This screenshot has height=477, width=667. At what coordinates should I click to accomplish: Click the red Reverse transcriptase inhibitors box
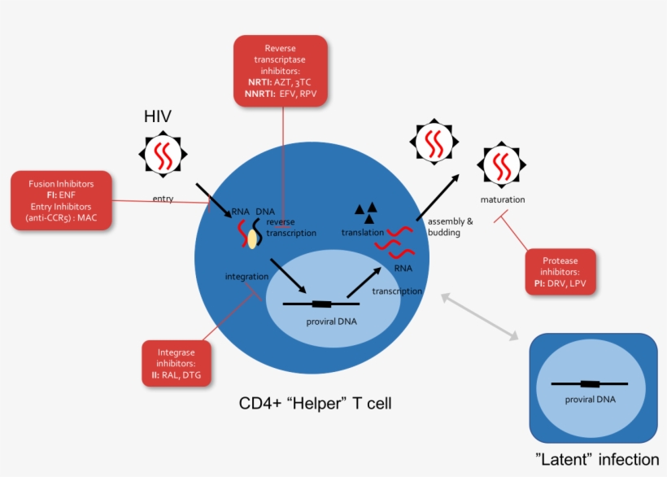[x=280, y=71]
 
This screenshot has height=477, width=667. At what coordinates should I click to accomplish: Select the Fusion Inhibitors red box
[x=61, y=200]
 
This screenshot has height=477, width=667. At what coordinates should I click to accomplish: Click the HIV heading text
[x=158, y=116]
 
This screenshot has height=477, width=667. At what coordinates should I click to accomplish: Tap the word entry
[x=163, y=199]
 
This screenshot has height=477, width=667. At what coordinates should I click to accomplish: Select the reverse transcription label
[x=290, y=227]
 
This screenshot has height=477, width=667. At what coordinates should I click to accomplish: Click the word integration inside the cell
[x=246, y=278]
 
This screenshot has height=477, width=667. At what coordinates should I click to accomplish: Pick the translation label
[x=362, y=233]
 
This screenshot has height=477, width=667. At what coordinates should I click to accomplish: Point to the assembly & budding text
[x=444, y=226]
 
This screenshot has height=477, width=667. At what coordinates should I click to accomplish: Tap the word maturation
[x=502, y=199]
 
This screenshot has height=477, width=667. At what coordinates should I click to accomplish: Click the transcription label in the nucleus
[x=397, y=291]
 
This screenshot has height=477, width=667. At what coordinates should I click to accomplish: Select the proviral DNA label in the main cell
[x=331, y=322]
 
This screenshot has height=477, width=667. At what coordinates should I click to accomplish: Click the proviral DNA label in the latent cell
[x=590, y=399]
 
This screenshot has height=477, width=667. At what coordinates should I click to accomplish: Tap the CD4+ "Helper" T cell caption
[x=315, y=403]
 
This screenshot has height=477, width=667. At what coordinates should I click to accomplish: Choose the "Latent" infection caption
[x=597, y=460]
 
